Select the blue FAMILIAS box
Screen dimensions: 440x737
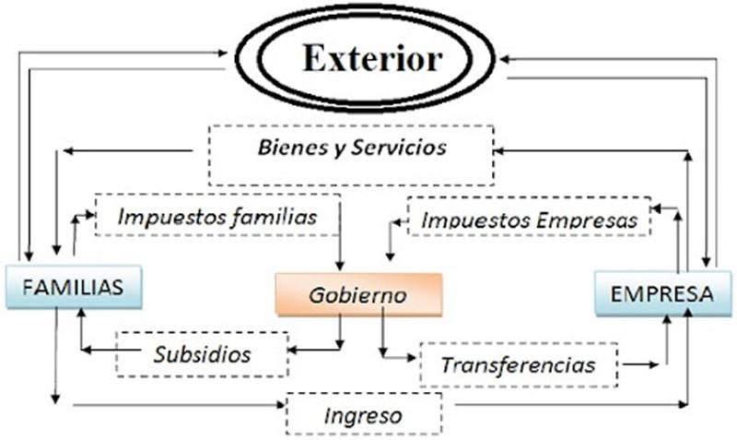coord(73,286)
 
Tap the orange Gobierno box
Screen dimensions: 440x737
coord(358,295)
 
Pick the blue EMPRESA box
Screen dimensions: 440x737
coord(662,294)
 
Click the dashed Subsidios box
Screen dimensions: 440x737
coord(200,353)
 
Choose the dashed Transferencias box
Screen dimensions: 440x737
coord(518,364)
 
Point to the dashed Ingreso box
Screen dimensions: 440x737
coord(364,415)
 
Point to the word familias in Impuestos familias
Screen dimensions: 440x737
coord(274,218)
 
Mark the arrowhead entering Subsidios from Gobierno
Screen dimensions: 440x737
coord(293,350)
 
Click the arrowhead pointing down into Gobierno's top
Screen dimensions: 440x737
coord(341,267)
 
